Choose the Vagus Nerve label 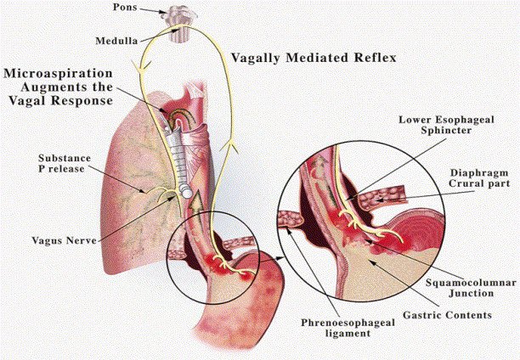tap(65, 216)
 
